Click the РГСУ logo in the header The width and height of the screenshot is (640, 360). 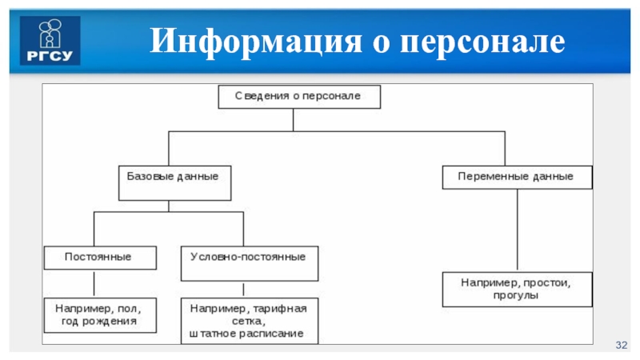click(x=50, y=39)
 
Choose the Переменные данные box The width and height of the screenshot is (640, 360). click(x=517, y=176)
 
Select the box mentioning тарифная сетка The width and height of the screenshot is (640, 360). click(x=249, y=319)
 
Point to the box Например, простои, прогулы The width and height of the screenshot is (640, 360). click(x=517, y=289)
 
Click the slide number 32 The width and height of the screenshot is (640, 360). click(x=621, y=344)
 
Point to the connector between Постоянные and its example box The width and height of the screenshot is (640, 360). click(x=94, y=283)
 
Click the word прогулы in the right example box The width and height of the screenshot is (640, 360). click(x=517, y=296)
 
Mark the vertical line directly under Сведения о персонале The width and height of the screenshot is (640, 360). click(x=294, y=119)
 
